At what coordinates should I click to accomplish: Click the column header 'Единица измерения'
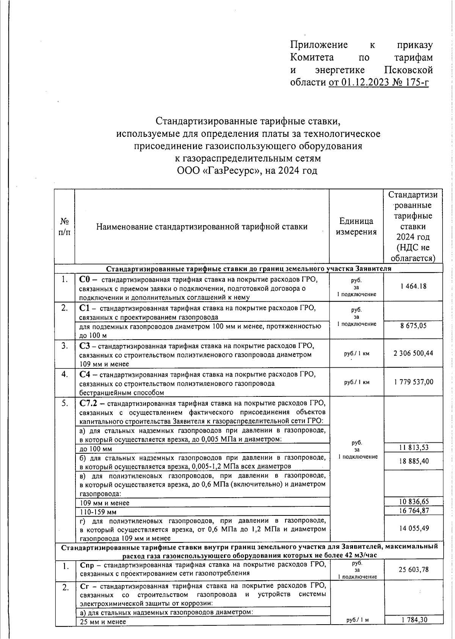click(x=356, y=226)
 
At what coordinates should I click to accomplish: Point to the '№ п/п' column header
click(x=65, y=226)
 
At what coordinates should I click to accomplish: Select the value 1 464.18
click(x=413, y=286)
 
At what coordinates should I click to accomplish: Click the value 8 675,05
click(x=413, y=325)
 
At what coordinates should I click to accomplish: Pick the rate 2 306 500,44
click(x=413, y=353)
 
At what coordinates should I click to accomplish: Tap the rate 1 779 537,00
click(x=413, y=382)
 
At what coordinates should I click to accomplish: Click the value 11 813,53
click(x=413, y=447)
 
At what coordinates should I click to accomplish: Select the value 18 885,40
click(x=413, y=461)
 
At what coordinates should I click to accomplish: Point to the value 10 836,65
click(x=413, y=501)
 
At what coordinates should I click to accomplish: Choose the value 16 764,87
click(x=413, y=511)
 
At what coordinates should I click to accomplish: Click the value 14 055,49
click(x=413, y=528)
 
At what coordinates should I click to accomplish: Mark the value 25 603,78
click(x=413, y=569)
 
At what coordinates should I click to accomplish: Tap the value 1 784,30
click(x=413, y=620)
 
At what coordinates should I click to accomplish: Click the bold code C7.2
click(x=89, y=403)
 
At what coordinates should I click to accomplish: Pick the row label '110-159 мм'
click(x=96, y=512)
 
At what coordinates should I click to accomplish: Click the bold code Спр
click(x=87, y=565)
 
